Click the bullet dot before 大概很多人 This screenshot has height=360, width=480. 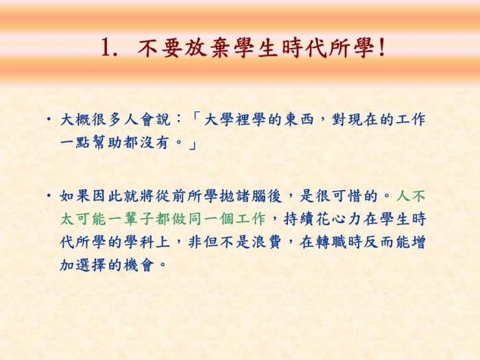click(x=49, y=119)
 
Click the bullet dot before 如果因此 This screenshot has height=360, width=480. click(x=49, y=195)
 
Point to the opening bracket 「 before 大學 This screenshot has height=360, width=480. click(x=195, y=119)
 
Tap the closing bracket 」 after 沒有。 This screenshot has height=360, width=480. click(x=192, y=143)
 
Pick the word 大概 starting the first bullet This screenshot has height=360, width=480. click(x=75, y=119)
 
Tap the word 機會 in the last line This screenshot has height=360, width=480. click(x=139, y=265)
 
